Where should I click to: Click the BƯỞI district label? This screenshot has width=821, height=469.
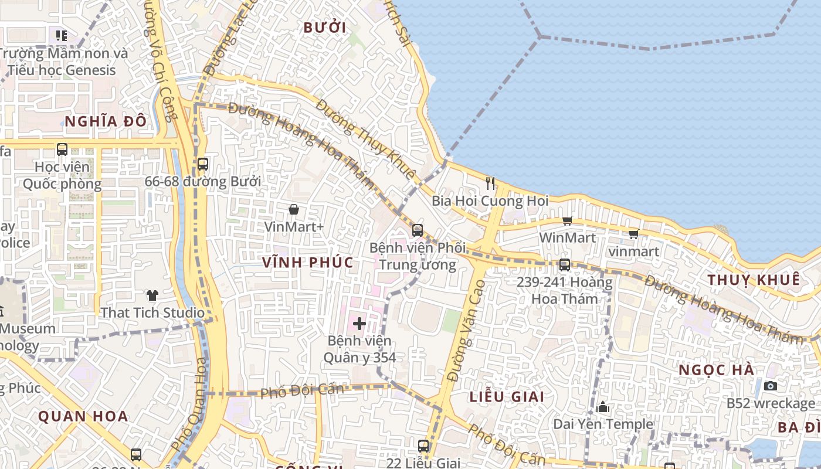pos(324,28)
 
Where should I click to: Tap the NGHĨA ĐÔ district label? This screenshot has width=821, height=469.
pos(105,122)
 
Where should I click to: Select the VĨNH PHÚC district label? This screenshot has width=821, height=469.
pos(308,262)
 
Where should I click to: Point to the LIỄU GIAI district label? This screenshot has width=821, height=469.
pos(507,396)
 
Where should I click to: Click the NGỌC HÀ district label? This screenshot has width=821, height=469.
pos(717,371)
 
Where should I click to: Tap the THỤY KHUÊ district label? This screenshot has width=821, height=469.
pos(754,280)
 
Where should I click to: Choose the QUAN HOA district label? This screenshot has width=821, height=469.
pos(83,417)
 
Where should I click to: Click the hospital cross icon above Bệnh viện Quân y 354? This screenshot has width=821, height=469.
pos(359,323)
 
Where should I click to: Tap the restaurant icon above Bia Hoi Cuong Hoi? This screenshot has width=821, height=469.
pos(490,183)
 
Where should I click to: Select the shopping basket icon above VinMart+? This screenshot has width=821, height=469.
pos(294,209)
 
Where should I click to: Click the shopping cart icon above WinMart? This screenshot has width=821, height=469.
pos(567,221)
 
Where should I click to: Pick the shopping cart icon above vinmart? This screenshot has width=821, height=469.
pos(633,235)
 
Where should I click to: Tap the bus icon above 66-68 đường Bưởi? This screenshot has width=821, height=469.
pos(203,164)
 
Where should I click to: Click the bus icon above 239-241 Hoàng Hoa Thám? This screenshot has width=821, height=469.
pos(564,265)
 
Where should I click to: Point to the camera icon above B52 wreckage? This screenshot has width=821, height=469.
pos(771,386)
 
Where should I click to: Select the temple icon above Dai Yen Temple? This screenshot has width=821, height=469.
pos(603,407)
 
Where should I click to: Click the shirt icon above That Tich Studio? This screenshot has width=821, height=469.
pos(152,295)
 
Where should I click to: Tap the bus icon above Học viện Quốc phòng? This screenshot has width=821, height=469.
pos(62,149)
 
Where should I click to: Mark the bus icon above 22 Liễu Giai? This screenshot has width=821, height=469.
pos(423,446)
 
